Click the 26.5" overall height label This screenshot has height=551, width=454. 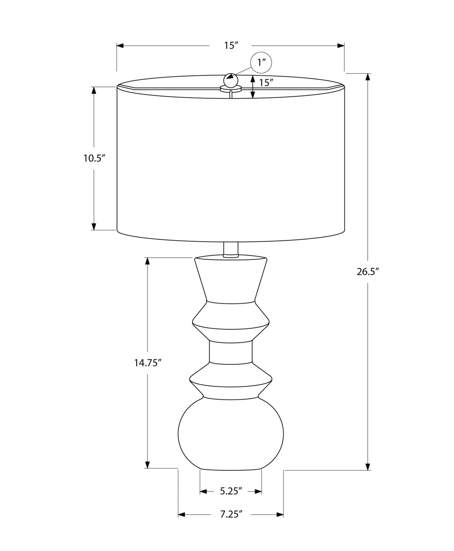pos(368,272)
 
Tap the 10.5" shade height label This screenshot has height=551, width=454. pos(94,158)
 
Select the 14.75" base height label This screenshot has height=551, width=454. pos(148,363)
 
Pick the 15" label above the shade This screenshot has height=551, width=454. pos(230,46)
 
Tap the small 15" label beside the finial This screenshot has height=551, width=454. pos(266,83)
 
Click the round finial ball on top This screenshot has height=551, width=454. pos(231,80)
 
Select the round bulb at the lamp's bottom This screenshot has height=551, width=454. pos(231,435)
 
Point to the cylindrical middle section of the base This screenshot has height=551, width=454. pos(231,352)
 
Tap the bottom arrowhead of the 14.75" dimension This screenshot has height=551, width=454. pos(147,465)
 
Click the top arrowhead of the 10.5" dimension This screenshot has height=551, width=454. pos(94,90)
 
